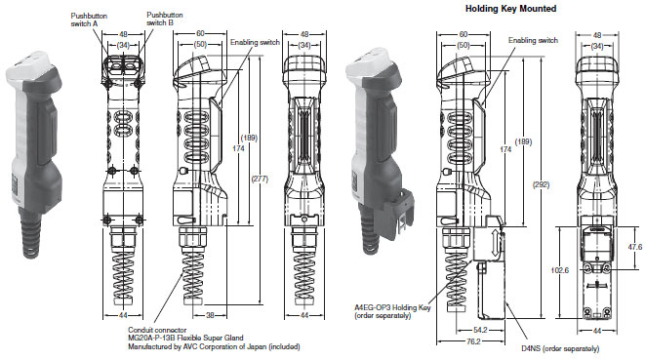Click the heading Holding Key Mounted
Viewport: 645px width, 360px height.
click(x=510, y=8)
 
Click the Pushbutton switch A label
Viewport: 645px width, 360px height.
click(x=89, y=20)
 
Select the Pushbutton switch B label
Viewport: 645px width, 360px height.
click(x=165, y=19)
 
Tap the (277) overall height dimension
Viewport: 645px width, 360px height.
click(x=260, y=179)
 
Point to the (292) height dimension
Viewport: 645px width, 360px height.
click(x=541, y=184)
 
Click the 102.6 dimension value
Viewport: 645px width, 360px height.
click(x=560, y=270)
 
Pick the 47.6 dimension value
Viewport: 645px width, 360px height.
click(x=634, y=247)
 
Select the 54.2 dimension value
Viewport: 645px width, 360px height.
click(x=480, y=330)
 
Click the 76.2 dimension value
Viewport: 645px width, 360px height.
click(x=473, y=341)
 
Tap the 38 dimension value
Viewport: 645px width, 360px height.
click(x=210, y=315)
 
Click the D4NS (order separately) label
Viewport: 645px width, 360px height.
click(x=560, y=348)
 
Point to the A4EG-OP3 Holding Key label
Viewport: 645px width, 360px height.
click(x=392, y=307)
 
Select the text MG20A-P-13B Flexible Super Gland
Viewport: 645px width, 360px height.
click(x=185, y=338)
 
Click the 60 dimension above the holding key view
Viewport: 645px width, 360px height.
click(x=464, y=34)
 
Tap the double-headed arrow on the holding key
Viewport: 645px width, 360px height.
click(x=496, y=244)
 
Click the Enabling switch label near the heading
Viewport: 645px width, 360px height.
click(x=533, y=40)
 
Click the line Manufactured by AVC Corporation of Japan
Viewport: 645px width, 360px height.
click(x=214, y=347)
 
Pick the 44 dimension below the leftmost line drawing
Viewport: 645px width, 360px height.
click(x=123, y=315)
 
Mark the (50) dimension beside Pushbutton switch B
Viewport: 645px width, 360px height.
click(x=200, y=44)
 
